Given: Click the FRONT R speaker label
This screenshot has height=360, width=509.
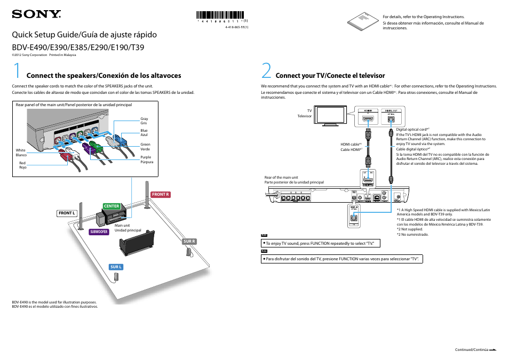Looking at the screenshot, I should tap(161, 195).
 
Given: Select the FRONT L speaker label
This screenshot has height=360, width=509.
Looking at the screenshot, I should tap(67, 213).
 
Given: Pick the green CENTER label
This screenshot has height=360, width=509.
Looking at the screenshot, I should tap(112, 206).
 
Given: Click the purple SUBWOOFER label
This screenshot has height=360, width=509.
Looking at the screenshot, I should tap(99, 232).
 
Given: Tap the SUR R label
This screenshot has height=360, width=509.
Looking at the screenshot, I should tap(190, 242).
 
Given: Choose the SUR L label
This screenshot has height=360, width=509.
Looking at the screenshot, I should tap(116, 267).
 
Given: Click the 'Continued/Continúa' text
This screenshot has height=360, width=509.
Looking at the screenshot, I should tap(471, 349).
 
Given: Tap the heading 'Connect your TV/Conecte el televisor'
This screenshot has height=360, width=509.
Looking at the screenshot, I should tap(330, 76).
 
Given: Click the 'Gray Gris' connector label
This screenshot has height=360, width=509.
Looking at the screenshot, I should tap(144, 121).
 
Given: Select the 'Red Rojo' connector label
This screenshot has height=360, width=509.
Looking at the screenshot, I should tap(22, 165).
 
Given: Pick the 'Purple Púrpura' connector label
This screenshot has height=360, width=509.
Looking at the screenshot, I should tap(146, 159).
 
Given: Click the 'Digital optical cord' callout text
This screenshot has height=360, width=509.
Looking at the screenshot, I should tap(412, 130).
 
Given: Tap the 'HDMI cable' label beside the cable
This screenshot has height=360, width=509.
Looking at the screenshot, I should tap(352, 147).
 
